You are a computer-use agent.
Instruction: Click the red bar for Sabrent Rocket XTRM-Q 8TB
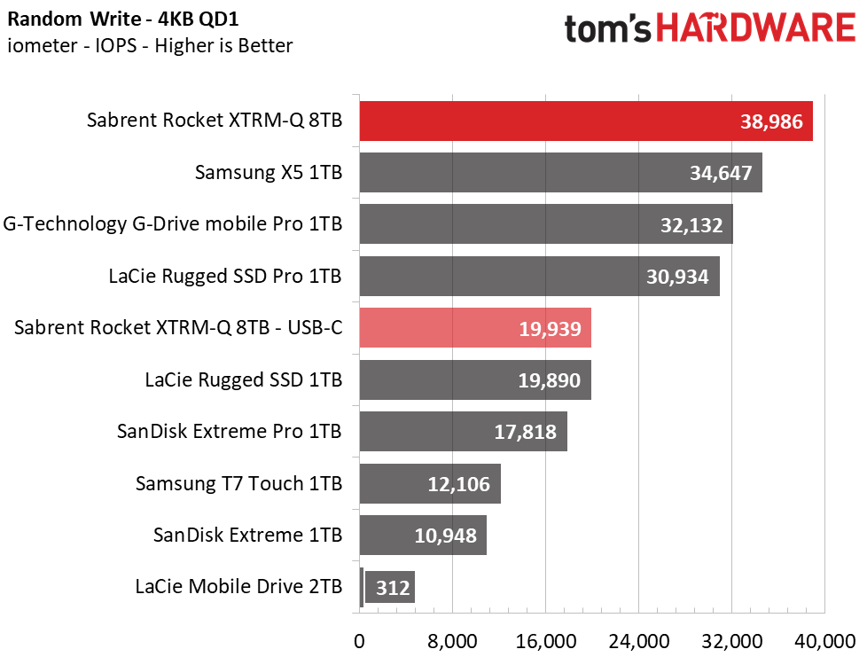586,121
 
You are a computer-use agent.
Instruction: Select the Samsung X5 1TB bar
560,173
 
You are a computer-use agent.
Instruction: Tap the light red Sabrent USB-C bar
475,328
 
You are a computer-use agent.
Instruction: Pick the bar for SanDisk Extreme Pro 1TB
464,432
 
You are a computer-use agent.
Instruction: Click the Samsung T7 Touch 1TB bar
430,483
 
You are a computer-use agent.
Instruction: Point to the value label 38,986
771,121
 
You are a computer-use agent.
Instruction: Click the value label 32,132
691,225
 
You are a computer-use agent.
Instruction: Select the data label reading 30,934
677,277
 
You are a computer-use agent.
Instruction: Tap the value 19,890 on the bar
549,380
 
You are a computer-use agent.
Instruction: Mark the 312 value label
393,587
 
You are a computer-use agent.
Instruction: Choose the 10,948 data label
446,536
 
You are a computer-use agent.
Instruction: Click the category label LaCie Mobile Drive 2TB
238,586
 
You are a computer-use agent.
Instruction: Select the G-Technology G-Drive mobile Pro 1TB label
173,224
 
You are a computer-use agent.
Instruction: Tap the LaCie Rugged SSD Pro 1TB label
225,276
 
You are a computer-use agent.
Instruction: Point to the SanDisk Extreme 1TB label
247,535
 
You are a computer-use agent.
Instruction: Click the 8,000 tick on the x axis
452,642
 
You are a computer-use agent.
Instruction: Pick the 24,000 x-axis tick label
638,642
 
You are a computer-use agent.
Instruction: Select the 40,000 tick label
825,642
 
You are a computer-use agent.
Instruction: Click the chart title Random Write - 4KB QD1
123,20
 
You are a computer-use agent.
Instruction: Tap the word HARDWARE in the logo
756,28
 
